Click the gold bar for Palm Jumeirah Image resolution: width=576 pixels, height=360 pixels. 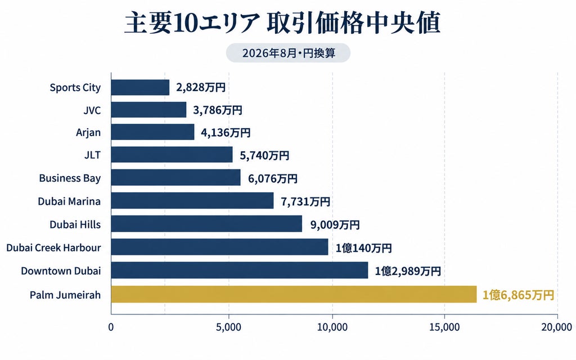pos(294,294)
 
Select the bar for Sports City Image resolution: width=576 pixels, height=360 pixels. pos(140,87)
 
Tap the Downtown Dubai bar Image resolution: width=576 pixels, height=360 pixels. pos(240,271)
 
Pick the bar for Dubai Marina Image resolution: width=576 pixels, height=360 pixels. pos(192,201)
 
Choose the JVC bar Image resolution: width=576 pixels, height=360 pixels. pos(148,110)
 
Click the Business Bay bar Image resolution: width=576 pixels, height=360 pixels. pos(176,177)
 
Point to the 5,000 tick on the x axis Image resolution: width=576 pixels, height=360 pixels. pos(228,327)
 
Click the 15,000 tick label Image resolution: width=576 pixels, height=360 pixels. pos(444,327)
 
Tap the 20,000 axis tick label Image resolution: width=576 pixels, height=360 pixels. pos(557,327)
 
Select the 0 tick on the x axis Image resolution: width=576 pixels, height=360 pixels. pos(111,327)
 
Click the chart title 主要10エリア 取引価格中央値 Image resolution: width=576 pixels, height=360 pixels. pos(282,23)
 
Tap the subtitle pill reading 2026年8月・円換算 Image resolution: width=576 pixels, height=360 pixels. pos(289,53)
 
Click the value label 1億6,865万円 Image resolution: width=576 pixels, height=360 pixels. pos(518,295)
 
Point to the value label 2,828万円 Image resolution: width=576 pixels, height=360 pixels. pos(201,87)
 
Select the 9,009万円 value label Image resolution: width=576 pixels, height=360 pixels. pos(335,224)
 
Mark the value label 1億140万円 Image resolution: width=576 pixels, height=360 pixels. pos(364,248)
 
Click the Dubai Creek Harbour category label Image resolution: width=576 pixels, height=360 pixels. pos(53,247)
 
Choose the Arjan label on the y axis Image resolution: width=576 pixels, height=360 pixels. pos(88,133)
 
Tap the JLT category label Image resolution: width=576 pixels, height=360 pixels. pos(93,155)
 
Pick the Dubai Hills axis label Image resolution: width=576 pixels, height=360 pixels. pos(75,224)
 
